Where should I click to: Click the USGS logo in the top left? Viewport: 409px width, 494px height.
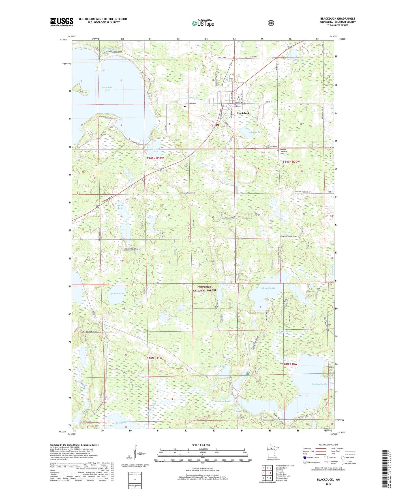[x=62, y=22]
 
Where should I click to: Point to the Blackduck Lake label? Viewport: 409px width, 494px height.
[x=107, y=89]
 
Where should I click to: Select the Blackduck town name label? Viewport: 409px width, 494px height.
[x=243, y=113]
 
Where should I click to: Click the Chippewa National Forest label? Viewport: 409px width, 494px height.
[x=204, y=289]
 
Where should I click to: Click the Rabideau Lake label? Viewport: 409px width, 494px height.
[x=319, y=384]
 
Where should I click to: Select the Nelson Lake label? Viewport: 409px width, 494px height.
[x=91, y=347]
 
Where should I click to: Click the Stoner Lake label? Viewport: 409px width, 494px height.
[x=256, y=132]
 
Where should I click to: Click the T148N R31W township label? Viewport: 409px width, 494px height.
[x=153, y=358]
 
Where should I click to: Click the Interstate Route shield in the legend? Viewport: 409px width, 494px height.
[x=305, y=458]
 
